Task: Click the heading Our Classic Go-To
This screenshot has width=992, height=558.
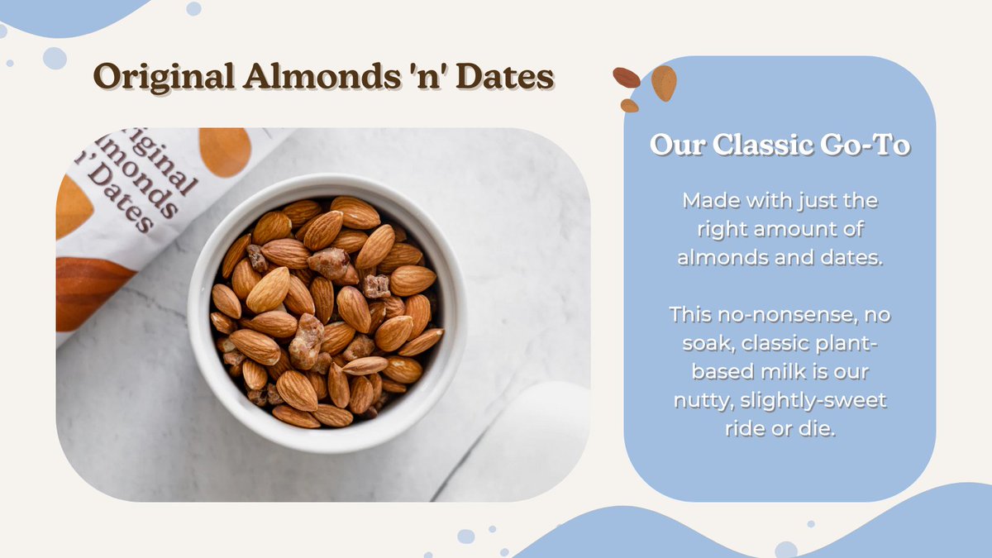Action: (x=780, y=145)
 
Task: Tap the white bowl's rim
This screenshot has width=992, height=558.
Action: (x=327, y=183)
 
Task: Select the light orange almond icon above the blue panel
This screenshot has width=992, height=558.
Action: (x=663, y=82)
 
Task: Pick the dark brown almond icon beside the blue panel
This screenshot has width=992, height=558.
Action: (x=627, y=77)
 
